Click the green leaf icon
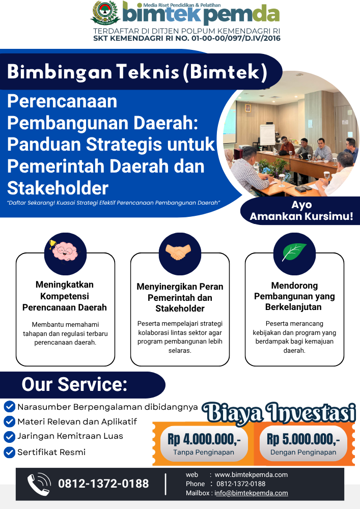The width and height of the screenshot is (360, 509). pos(294,252)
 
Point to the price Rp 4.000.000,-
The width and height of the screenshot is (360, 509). pos(204,439)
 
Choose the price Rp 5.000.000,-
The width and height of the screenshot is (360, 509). pos(303,439)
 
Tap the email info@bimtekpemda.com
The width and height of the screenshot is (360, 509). pos(251,493)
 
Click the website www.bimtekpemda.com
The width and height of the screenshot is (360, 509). pos(251,474)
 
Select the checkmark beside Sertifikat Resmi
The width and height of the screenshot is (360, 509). pos(9,452)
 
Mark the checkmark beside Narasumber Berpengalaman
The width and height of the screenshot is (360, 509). pos(9,406)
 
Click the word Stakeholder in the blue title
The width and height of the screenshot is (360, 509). pos(58,188)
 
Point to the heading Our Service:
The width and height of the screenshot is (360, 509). pos(74,384)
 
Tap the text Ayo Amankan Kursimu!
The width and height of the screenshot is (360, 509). pos(301,210)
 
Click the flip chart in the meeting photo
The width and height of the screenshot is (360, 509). pos(267,135)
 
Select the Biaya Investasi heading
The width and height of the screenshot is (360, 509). pos(279,413)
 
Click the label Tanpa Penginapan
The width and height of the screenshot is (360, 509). pos(204,452)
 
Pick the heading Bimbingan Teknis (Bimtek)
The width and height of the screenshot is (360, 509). pos(137,71)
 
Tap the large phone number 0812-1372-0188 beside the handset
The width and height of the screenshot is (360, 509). pos(103,484)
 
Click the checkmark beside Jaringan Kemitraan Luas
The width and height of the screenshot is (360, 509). pos(9,436)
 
